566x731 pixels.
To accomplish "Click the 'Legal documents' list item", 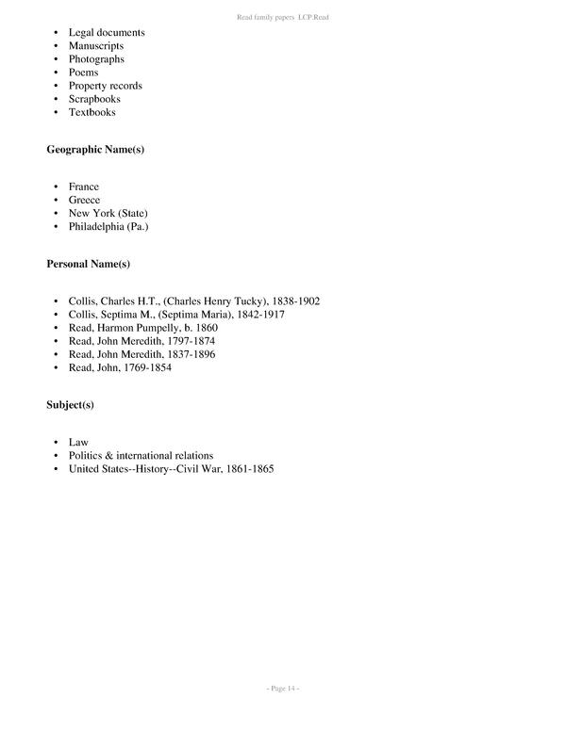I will (x=106, y=32).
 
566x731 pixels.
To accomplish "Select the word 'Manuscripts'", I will (x=95, y=45).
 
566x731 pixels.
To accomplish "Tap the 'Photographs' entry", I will (x=96, y=58).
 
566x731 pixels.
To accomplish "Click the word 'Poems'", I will (x=83, y=72).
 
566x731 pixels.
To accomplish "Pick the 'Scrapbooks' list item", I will (x=93, y=99).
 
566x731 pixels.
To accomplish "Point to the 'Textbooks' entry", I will (x=92, y=112).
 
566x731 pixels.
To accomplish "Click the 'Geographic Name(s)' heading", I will (x=95, y=150).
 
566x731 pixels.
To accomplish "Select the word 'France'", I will (x=83, y=187).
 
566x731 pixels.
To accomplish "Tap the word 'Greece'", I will (x=84, y=200).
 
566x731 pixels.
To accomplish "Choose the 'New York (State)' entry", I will (x=108, y=213).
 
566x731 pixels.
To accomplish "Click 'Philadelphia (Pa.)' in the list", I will (x=108, y=226).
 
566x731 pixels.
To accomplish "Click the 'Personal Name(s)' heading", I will (x=88, y=265).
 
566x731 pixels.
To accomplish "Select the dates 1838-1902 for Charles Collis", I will (x=294, y=301).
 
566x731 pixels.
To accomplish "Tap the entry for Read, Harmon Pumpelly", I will (x=142, y=328).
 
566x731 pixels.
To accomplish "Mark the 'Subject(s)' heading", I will (x=71, y=405).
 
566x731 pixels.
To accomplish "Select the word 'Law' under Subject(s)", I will (x=78, y=442).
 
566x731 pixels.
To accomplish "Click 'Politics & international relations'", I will (x=141, y=455).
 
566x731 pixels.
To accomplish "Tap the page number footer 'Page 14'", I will (x=282, y=689).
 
